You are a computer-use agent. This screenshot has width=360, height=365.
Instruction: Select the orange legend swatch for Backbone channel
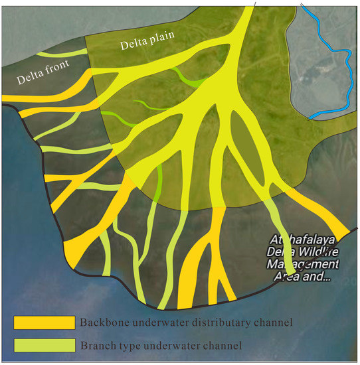pos(45,323)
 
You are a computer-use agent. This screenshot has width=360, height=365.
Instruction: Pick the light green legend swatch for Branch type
pos(45,345)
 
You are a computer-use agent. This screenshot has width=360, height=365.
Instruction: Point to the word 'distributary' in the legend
pos(216,323)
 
